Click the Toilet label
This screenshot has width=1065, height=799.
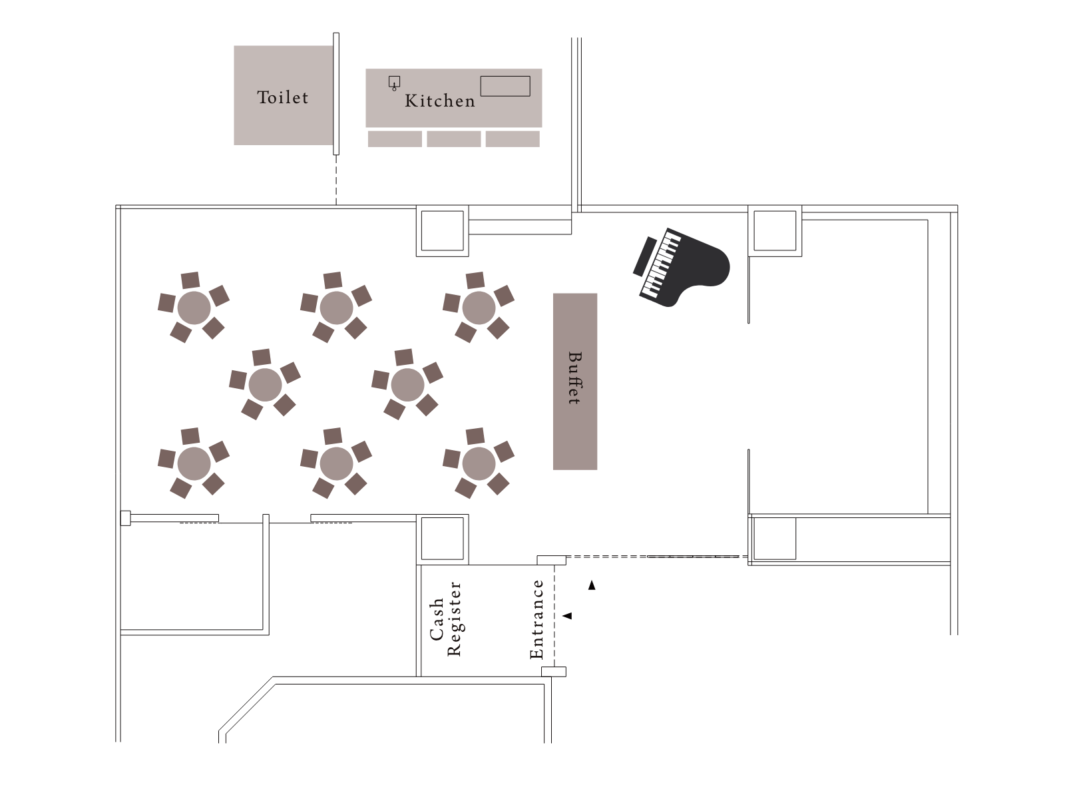click(x=282, y=97)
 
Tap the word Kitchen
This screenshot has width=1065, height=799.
click(x=439, y=101)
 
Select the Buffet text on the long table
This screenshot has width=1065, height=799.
click(x=575, y=378)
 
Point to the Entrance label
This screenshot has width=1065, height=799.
click(x=536, y=619)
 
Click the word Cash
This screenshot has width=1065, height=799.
click(x=437, y=619)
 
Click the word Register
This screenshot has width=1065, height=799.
click(x=454, y=619)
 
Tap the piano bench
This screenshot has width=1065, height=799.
click(x=645, y=256)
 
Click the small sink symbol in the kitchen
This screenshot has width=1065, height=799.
click(x=395, y=83)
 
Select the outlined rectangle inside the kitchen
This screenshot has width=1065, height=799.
click(x=505, y=86)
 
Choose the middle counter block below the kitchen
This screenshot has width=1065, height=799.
click(x=454, y=138)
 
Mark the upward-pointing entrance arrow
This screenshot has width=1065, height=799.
click(x=592, y=585)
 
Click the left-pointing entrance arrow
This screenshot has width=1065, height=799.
click(x=567, y=616)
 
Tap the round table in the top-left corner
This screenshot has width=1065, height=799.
click(x=194, y=308)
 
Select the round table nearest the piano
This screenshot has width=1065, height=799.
click(x=479, y=308)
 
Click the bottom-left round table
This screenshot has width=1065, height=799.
click(x=194, y=464)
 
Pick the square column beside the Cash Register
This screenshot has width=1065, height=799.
click(x=443, y=539)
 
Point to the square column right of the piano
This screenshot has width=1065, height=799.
click(x=775, y=231)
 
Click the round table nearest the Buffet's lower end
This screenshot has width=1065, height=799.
click(x=479, y=464)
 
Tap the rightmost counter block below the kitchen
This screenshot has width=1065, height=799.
click(x=513, y=138)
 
